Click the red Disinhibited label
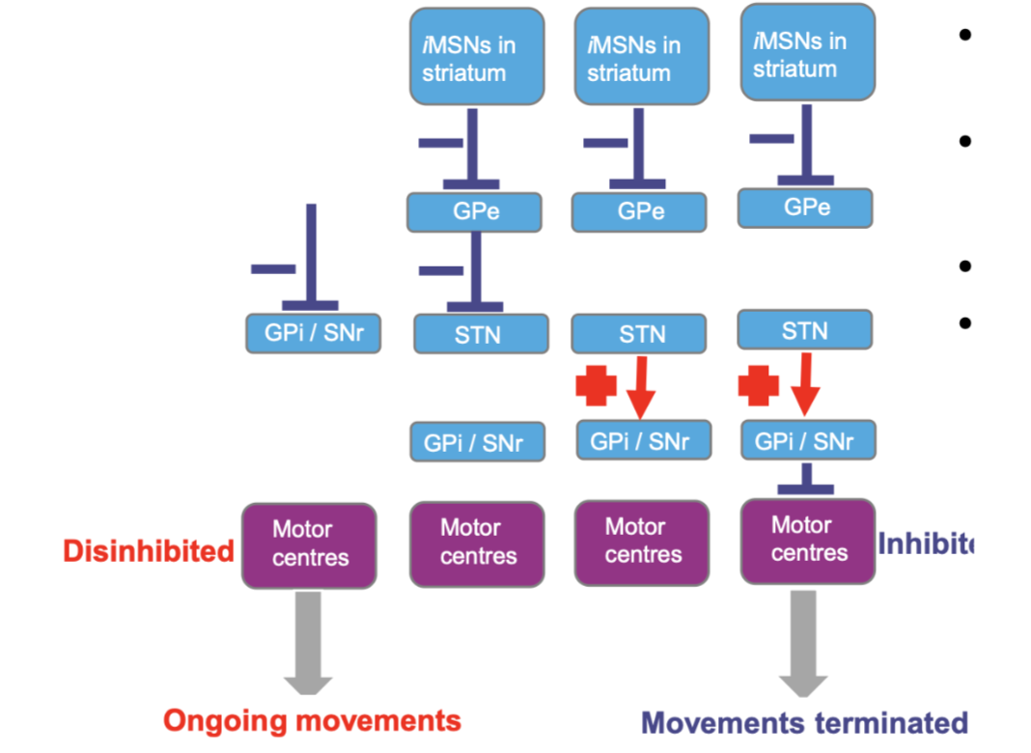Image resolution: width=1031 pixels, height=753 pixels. [x=149, y=550]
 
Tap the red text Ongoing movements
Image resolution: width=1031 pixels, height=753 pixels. [x=312, y=720]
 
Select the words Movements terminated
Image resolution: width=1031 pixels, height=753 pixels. [x=804, y=722]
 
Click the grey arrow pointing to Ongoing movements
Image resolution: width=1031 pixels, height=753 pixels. [x=308, y=643]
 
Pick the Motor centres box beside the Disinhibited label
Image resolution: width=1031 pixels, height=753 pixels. [x=309, y=544]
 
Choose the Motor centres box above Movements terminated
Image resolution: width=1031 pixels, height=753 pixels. [x=807, y=540]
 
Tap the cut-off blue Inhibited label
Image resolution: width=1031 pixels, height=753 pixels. [x=928, y=544]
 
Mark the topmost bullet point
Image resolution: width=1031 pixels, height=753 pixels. [x=964, y=37]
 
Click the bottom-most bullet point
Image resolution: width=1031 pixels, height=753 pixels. [x=964, y=321]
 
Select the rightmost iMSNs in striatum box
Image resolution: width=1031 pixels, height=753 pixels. [x=807, y=53]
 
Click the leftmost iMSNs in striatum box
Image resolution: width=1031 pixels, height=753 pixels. [x=476, y=57]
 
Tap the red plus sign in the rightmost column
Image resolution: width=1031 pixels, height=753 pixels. [x=759, y=385]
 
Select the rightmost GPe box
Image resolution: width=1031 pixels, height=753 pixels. [x=804, y=207]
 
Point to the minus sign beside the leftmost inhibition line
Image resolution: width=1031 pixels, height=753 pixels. [x=273, y=268]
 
